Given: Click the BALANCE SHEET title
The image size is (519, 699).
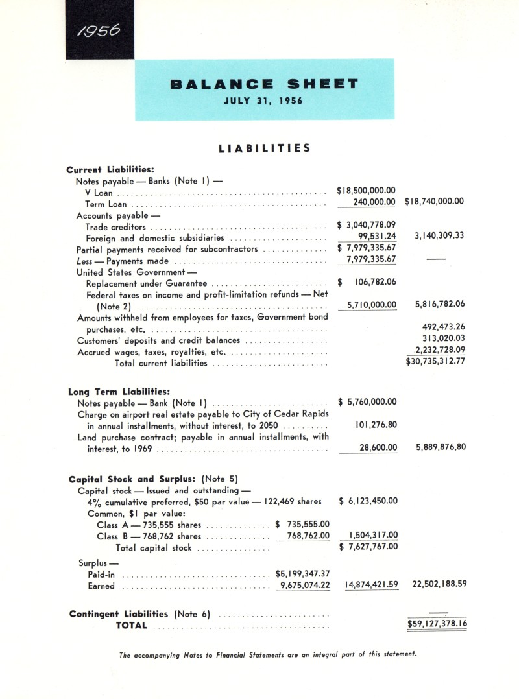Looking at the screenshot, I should pyautogui.click(x=264, y=84).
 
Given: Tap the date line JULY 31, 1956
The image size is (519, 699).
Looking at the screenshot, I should pyautogui.click(x=264, y=101).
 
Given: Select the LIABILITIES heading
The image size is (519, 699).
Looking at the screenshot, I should pyautogui.click(x=264, y=148).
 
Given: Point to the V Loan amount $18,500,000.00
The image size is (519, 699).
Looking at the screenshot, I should pyautogui.click(x=367, y=191).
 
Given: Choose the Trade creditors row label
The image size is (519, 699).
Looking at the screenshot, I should pyautogui.click(x=115, y=227).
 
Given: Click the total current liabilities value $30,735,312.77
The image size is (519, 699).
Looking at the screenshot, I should pyautogui.click(x=435, y=361).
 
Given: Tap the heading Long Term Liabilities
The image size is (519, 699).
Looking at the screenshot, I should pyautogui.click(x=119, y=392).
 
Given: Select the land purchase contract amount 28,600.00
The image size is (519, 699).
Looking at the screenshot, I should pyautogui.click(x=378, y=448).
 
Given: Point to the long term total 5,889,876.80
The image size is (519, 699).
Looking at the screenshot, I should pyautogui.click(x=439, y=447).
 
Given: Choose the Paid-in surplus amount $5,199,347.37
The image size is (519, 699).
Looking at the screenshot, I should pyautogui.click(x=303, y=573).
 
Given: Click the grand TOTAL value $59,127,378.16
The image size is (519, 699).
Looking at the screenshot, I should pyautogui.click(x=437, y=625).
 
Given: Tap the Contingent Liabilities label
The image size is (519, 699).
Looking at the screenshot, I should pyautogui.click(x=119, y=613).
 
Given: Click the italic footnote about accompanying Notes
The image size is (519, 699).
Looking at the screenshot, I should pyautogui.click(x=268, y=654).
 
